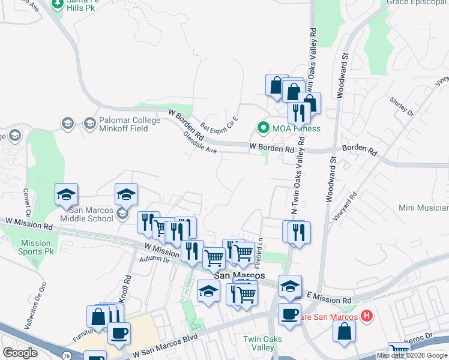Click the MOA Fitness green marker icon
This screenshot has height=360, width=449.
[262, 128]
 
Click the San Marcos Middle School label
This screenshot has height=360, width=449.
[91, 214]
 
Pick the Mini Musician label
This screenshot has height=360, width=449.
[424, 208]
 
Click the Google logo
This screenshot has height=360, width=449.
[20, 352]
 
